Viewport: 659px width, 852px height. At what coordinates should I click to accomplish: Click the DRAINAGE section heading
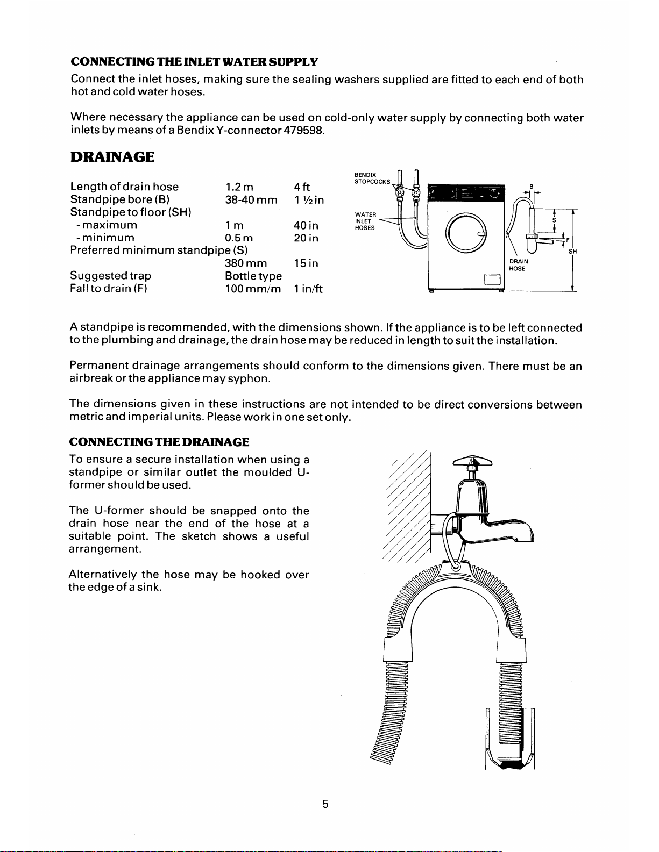click(112, 157)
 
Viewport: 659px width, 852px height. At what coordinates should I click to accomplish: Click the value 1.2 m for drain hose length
click(239, 187)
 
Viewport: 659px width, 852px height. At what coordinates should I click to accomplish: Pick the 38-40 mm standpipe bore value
click(251, 200)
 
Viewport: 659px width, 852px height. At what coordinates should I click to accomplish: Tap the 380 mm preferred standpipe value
click(246, 263)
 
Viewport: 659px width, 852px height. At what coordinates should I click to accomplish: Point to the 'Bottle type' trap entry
click(253, 276)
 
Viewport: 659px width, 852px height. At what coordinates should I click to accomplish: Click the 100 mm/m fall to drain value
click(253, 289)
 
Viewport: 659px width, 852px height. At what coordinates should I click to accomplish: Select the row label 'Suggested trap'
click(110, 276)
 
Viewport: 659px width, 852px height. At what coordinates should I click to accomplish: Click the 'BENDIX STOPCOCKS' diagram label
click(372, 178)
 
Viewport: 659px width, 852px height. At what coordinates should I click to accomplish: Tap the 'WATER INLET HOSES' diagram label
click(365, 221)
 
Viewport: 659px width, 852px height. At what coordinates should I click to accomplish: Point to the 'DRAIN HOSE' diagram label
click(518, 265)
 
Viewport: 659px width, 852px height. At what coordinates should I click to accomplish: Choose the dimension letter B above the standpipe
click(531, 187)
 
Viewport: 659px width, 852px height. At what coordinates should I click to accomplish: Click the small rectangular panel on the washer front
click(493, 279)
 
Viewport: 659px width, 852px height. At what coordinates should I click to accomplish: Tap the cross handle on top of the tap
click(473, 461)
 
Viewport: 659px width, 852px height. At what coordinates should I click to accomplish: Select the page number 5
click(325, 804)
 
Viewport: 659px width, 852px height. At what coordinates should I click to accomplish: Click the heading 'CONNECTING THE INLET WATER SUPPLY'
click(194, 62)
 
